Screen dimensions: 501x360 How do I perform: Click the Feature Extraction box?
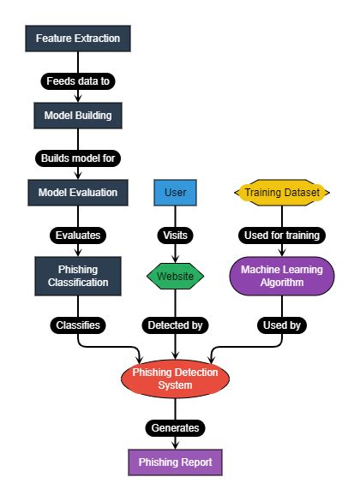(78, 39)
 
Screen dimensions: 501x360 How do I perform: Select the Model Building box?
(78, 114)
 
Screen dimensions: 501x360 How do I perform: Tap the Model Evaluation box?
(78, 192)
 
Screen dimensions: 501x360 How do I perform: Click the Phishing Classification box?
(78, 275)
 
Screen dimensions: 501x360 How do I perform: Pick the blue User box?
(176, 192)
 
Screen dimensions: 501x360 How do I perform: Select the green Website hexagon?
(176, 276)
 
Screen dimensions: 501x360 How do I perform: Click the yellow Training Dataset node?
(281, 192)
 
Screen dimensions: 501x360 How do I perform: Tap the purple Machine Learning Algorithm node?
(281, 275)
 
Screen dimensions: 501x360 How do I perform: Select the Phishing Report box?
(176, 462)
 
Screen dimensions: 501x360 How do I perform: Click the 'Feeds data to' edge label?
(78, 81)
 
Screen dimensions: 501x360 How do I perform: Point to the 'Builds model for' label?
(78, 158)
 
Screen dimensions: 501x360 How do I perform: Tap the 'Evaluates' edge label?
(78, 233)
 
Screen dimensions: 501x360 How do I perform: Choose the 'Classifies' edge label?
(78, 325)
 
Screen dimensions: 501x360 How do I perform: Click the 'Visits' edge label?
(176, 233)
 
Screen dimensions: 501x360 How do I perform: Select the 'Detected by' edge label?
(176, 325)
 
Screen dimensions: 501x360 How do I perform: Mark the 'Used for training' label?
(281, 233)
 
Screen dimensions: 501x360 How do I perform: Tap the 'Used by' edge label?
(281, 325)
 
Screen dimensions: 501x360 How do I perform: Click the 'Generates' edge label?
(176, 426)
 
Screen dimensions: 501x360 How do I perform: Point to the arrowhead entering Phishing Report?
(176, 444)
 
